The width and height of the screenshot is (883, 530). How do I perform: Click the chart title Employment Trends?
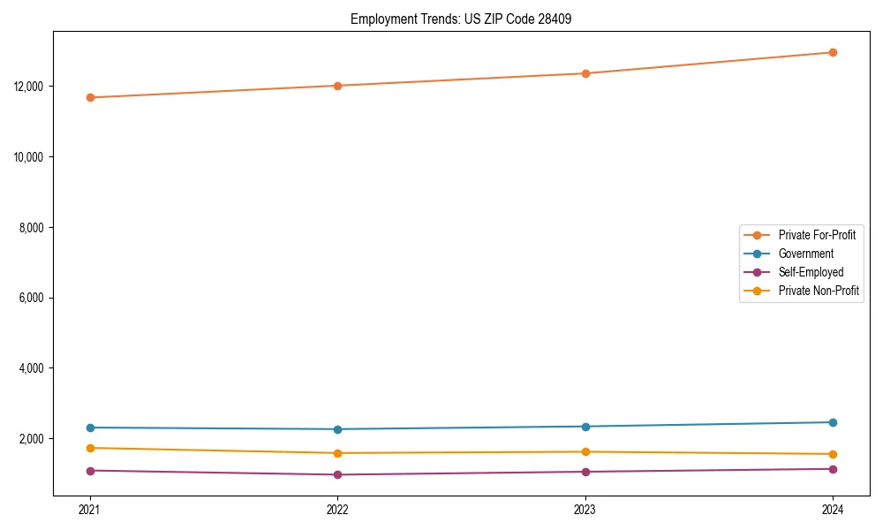461,19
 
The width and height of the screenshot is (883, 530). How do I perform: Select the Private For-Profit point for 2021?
90,97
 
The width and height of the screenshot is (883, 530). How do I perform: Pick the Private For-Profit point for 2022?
337,86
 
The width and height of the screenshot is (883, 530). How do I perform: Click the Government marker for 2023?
585,427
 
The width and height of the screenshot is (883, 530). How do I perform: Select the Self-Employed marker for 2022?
337,474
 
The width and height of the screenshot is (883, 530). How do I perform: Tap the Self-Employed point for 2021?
90,471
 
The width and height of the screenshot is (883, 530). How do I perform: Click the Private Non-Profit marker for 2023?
585,451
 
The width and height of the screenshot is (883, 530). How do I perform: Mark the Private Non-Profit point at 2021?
90,448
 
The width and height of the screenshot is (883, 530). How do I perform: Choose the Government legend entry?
805,254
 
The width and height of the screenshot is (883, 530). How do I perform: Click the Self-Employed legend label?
811,272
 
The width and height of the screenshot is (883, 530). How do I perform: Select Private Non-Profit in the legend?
819,291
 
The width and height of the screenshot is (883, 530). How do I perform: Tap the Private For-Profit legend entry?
817,235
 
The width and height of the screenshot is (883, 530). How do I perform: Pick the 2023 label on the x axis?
585,509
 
